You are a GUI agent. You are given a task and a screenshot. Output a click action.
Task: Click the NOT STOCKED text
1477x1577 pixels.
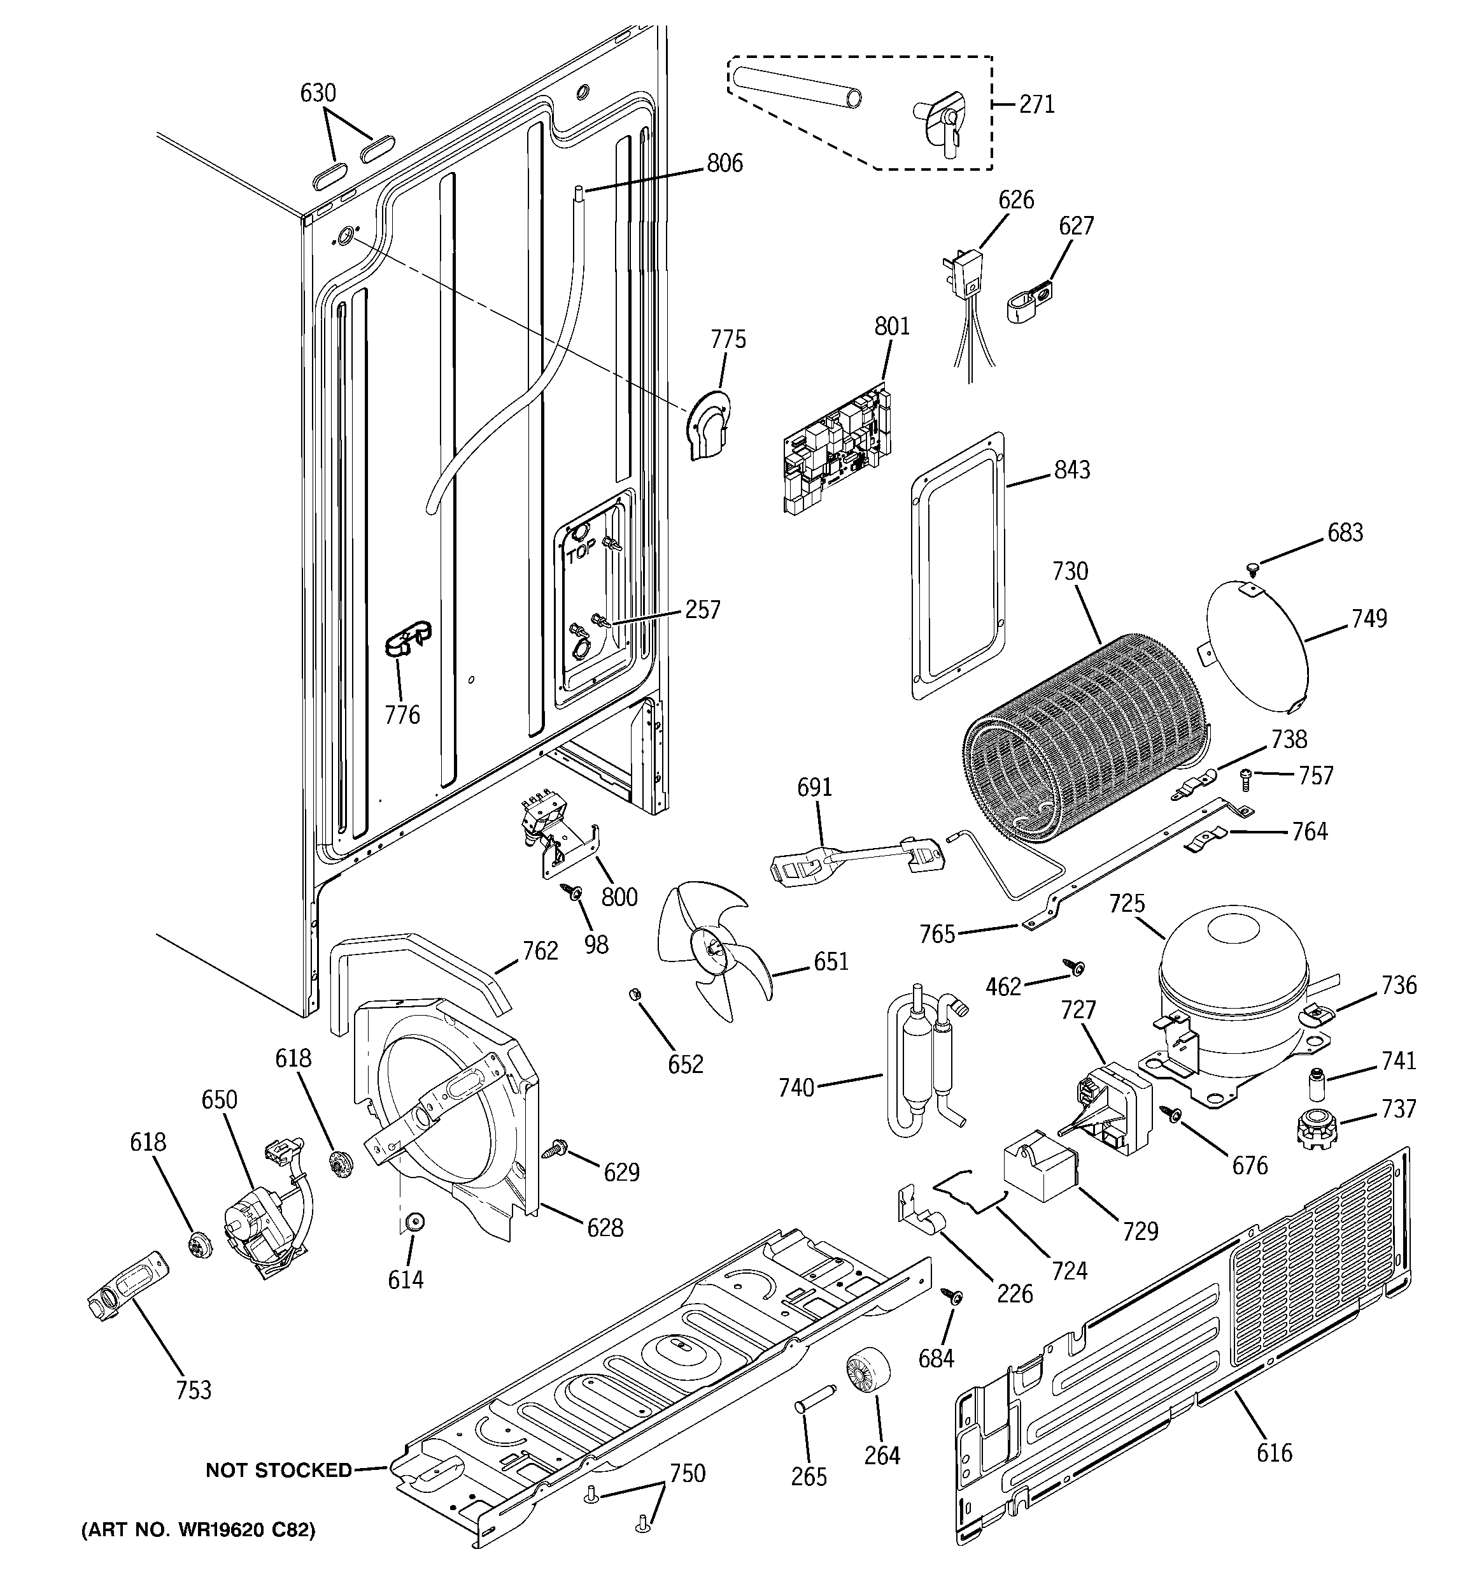click(278, 1470)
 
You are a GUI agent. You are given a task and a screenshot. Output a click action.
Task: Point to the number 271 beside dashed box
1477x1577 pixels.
click(1036, 104)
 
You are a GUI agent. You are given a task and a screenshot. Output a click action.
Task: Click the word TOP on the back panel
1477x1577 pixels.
click(581, 554)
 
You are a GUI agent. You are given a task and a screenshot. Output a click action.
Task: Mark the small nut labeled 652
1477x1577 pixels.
click(633, 994)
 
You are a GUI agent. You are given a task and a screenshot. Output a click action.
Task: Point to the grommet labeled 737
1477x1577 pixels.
click(1316, 1129)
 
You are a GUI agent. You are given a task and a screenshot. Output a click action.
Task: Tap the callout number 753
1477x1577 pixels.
click(194, 1390)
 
